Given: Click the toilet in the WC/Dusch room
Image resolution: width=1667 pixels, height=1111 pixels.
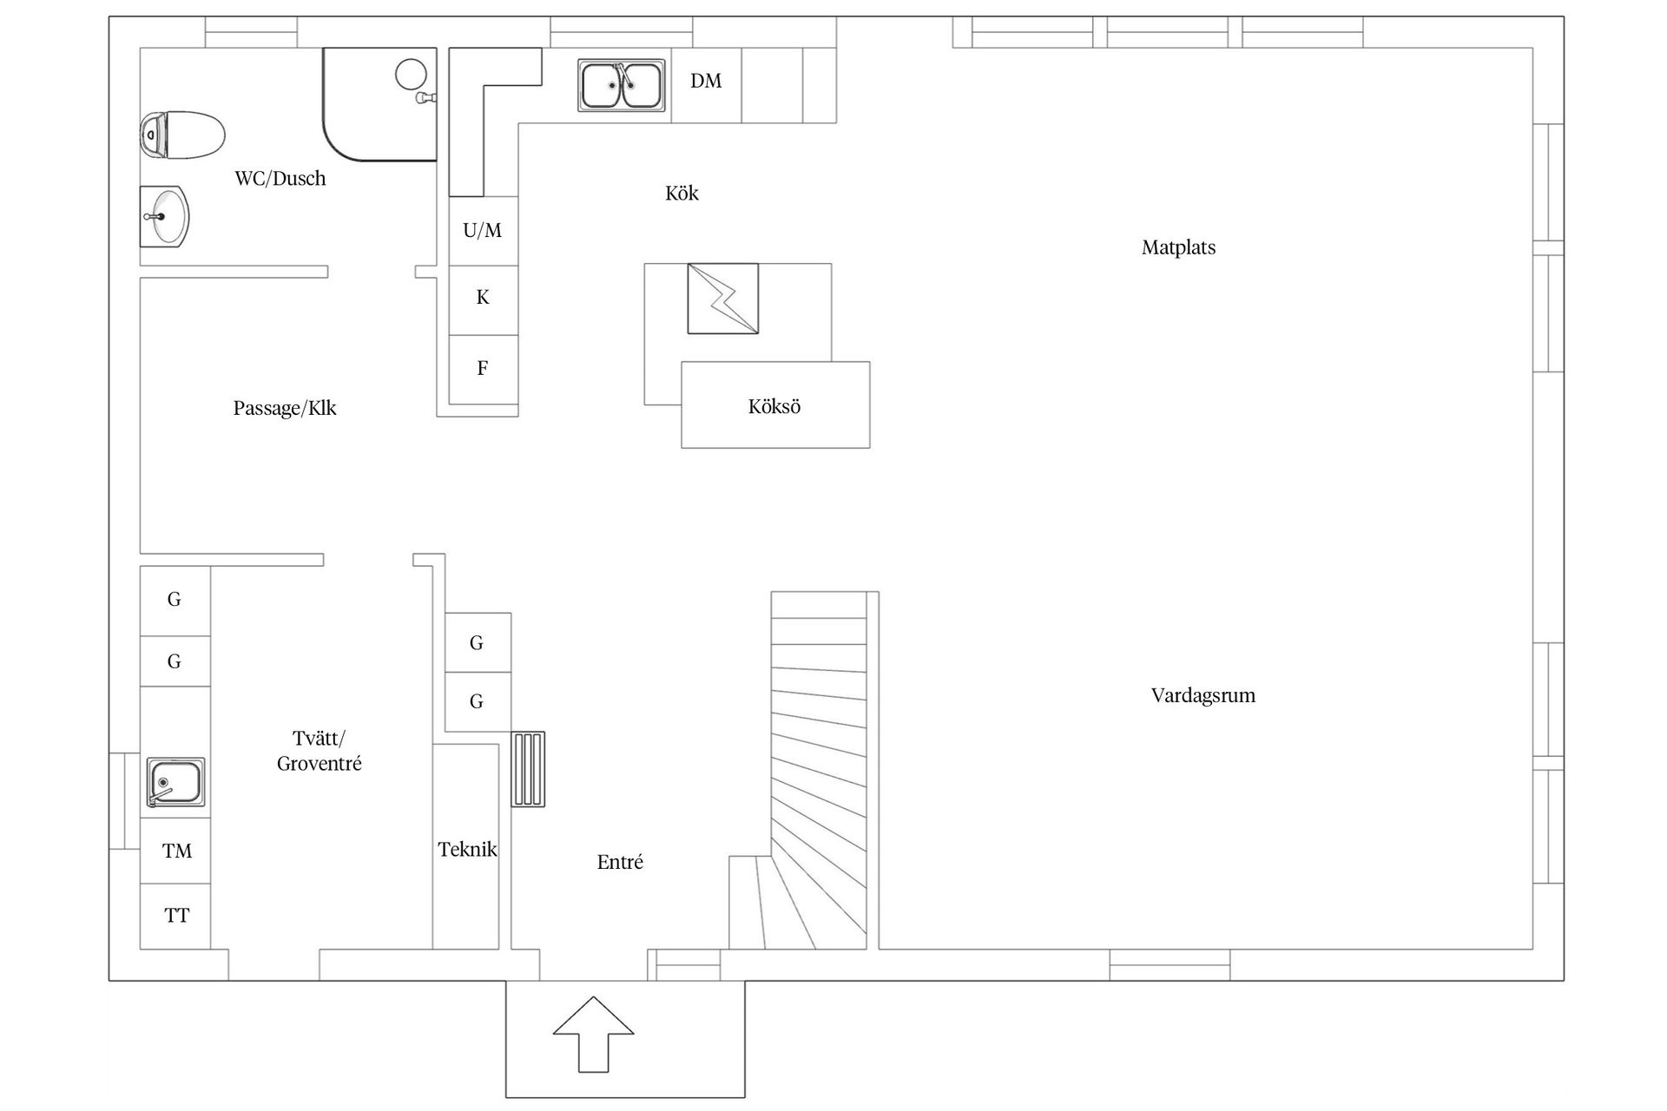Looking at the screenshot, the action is (182, 135).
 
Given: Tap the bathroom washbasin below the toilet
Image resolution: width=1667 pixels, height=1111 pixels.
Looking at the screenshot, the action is (164, 216).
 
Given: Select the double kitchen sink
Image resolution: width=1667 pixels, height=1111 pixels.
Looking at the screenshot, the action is (622, 86).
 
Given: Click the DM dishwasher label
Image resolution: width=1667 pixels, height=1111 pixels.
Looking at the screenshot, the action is (706, 81).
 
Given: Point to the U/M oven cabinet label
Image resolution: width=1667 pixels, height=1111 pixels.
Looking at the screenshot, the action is (483, 230).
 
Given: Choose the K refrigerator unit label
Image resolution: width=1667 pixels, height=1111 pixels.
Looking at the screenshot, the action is (483, 298).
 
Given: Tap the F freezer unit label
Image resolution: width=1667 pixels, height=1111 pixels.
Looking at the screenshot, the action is (483, 368).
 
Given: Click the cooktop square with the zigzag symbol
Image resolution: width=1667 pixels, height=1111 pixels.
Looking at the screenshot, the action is (723, 299).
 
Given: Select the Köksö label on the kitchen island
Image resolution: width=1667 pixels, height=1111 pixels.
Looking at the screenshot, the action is (774, 406).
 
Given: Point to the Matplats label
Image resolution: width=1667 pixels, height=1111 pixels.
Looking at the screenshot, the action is (1178, 247).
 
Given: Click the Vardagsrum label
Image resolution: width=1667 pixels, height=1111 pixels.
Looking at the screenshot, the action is (1203, 695).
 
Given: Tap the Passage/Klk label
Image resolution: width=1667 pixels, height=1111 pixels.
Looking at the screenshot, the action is (285, 408).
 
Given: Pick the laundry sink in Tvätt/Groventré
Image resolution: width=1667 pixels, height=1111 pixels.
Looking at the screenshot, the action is (175, 782).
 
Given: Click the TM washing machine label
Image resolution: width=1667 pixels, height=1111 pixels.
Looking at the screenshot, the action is (177, 851).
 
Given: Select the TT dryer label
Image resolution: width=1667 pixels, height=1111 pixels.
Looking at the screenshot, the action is (177, 916).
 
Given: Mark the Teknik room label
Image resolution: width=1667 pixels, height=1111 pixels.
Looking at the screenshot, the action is (467, 850).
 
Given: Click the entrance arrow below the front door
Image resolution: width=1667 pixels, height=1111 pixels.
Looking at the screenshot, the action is (594, 1034).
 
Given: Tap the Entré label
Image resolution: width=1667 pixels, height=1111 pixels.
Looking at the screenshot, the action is (620, 862).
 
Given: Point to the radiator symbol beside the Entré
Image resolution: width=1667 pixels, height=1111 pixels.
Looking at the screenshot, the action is (528, 770).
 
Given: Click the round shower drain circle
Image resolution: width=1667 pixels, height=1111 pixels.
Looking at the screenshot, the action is (411, 74).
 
